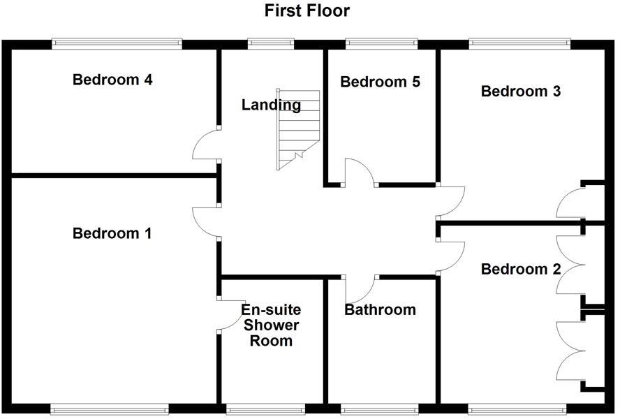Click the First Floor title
[307, 10]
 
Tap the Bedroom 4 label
[112, 80]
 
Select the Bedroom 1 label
[112, 233]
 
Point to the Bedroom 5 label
[380, 82]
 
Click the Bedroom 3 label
[521, 91]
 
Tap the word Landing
[271, 105]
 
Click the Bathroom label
[380, 309]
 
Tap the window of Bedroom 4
[117, 43]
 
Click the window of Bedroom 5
[381, 43]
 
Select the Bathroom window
[380, 408]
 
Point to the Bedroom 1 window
[110, 408]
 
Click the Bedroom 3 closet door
[569, 203]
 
